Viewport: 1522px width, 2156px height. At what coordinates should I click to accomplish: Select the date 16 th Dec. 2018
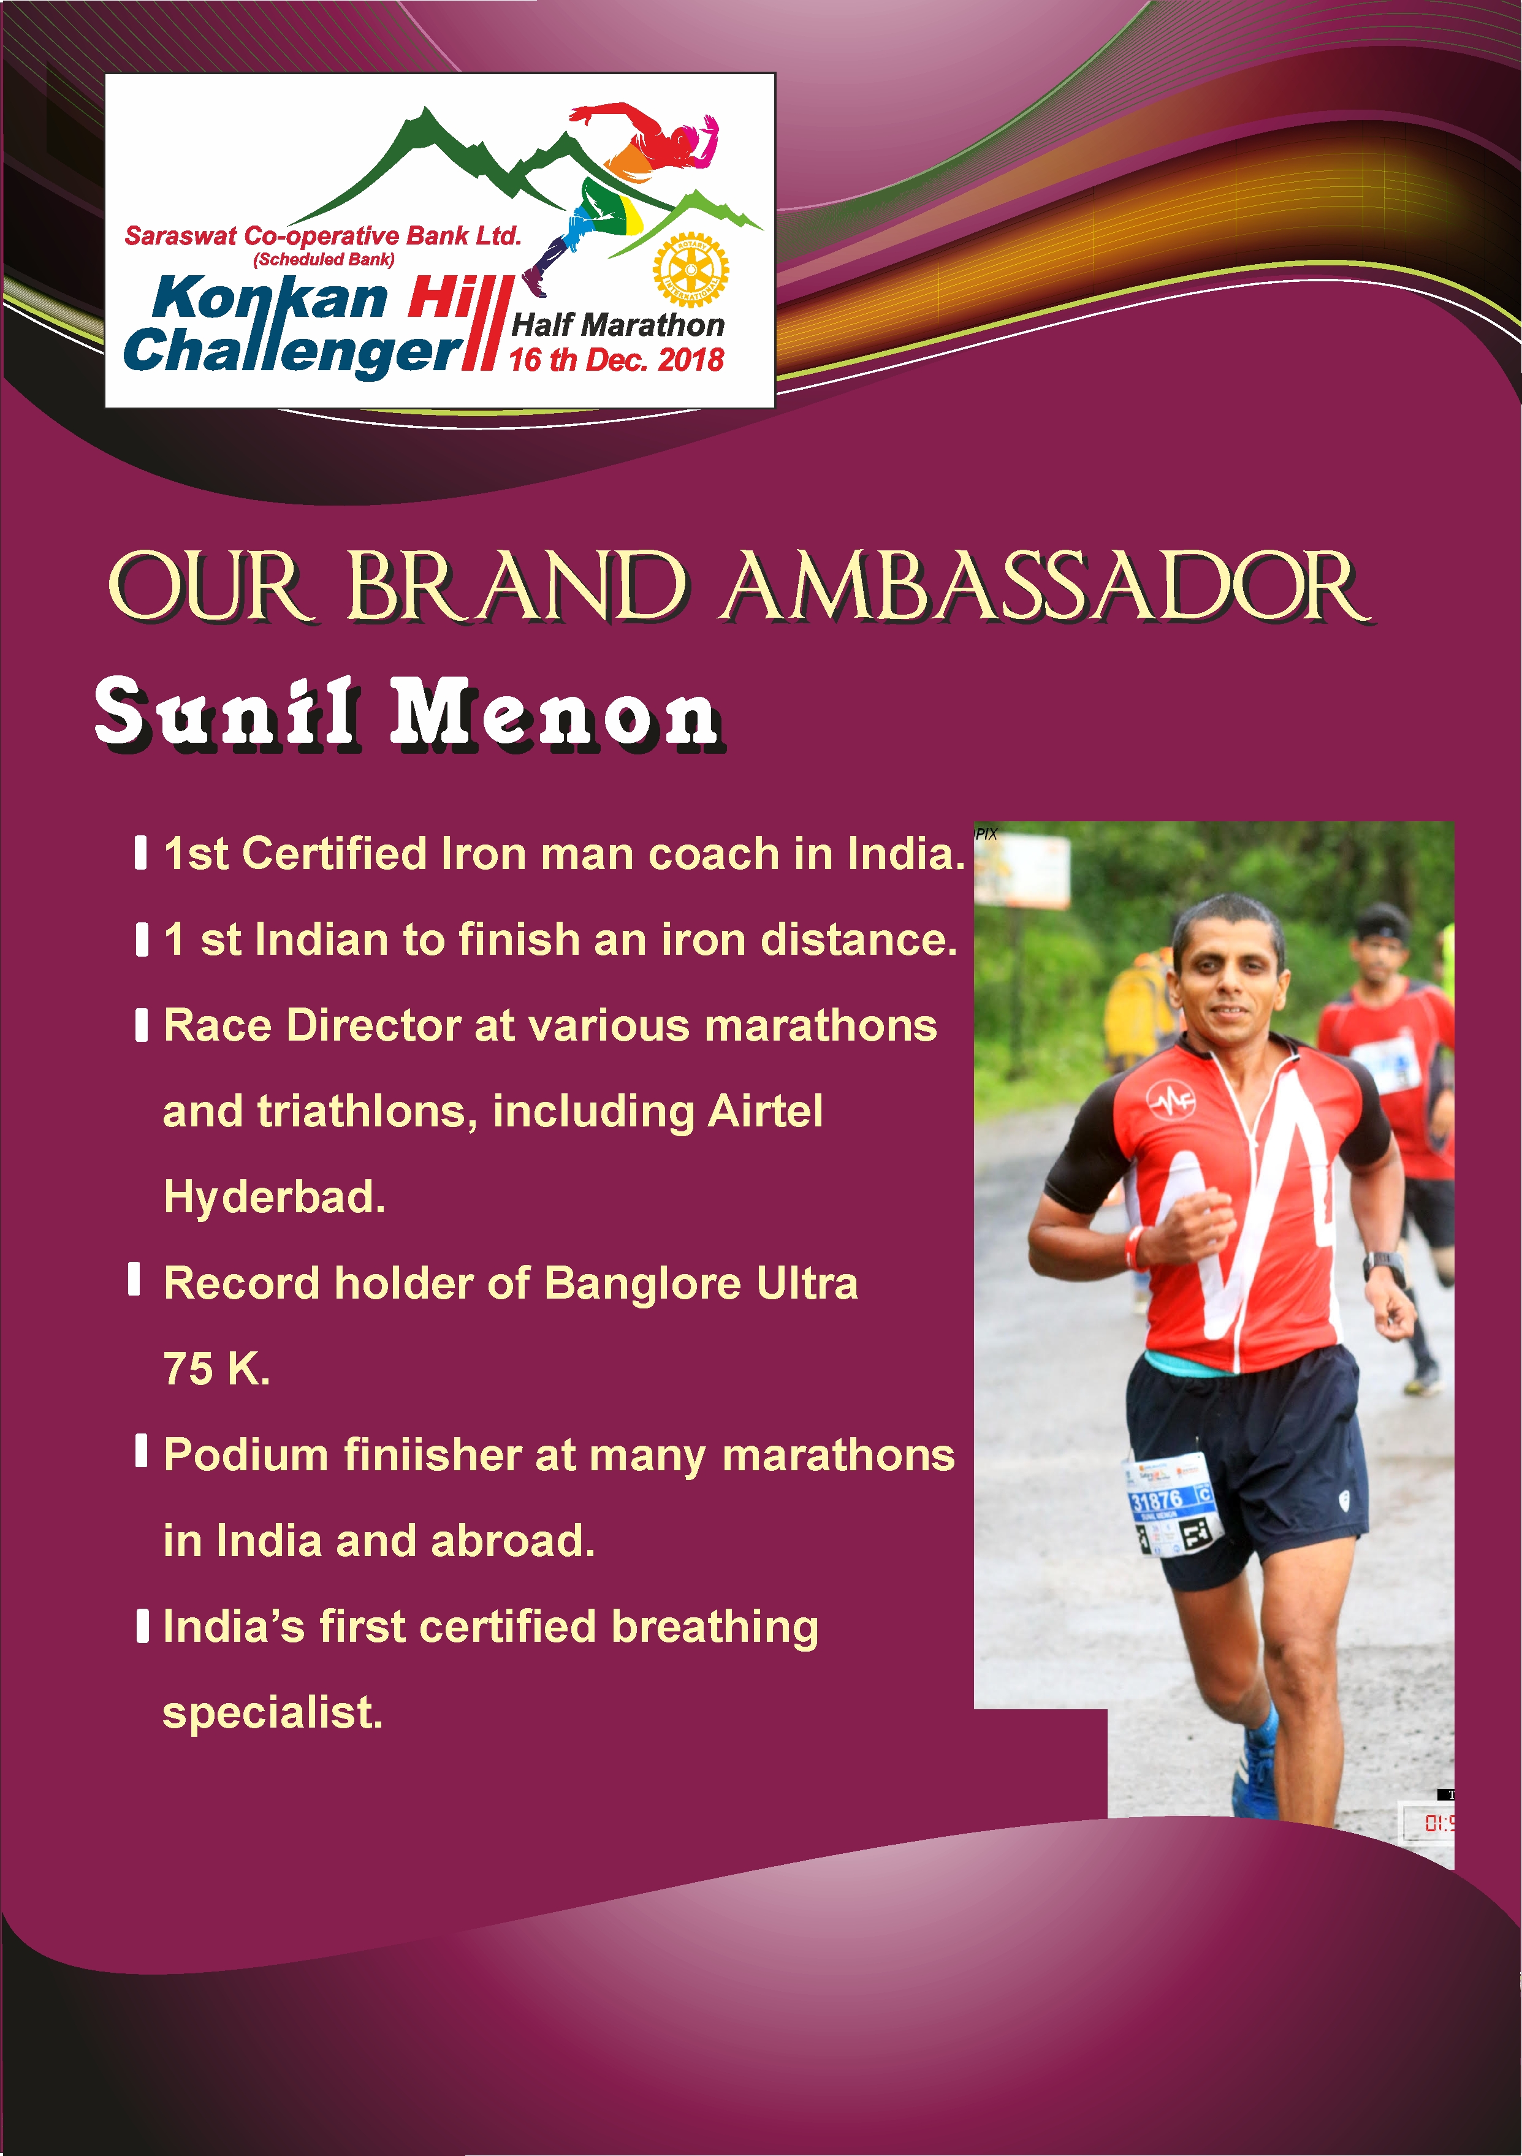pos(616,360)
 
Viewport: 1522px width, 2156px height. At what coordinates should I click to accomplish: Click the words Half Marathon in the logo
pos(618,325)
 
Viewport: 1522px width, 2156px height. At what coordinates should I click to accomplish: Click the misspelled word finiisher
pos(433,1454)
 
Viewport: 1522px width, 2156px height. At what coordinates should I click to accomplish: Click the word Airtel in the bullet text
pos(765,1111)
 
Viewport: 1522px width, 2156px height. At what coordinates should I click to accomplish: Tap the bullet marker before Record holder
pos(134,1278)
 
